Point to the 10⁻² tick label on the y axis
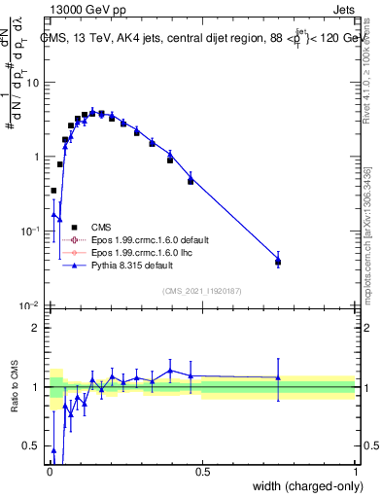click(29, 306)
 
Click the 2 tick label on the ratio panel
click(37, 328)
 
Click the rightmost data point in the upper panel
click(278, 261)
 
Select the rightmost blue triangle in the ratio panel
click(278, 377)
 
